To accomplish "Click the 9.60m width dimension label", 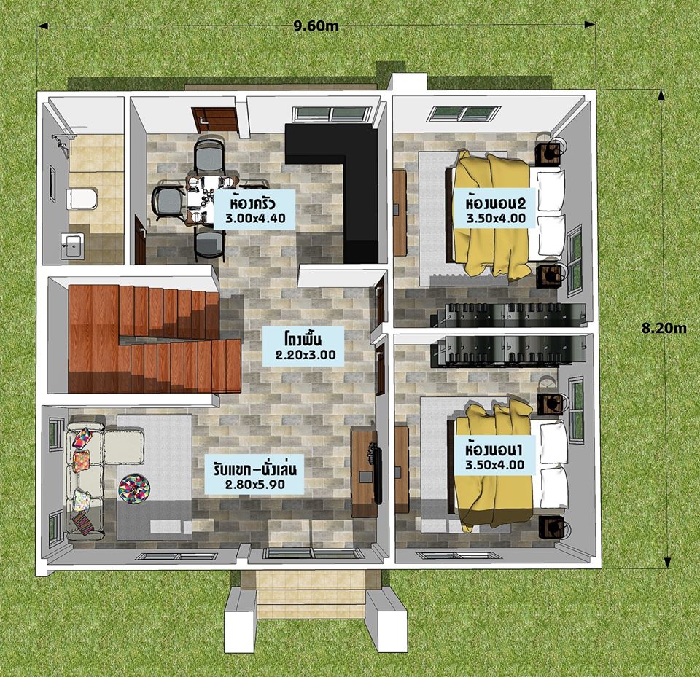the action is click(316, 26).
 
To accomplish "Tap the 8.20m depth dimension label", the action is click(664, 328).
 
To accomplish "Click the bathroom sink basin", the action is click(71, 245).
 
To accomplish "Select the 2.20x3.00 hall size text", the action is click(306, 355).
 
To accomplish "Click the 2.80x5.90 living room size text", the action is click(254, 484).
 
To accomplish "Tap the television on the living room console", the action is click(378, 474).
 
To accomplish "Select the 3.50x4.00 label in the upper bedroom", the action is click(496, 218).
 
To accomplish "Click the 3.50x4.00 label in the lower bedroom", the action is click(494, 465).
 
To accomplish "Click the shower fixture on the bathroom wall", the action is click(61, 141).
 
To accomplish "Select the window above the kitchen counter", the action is click(332, 114).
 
